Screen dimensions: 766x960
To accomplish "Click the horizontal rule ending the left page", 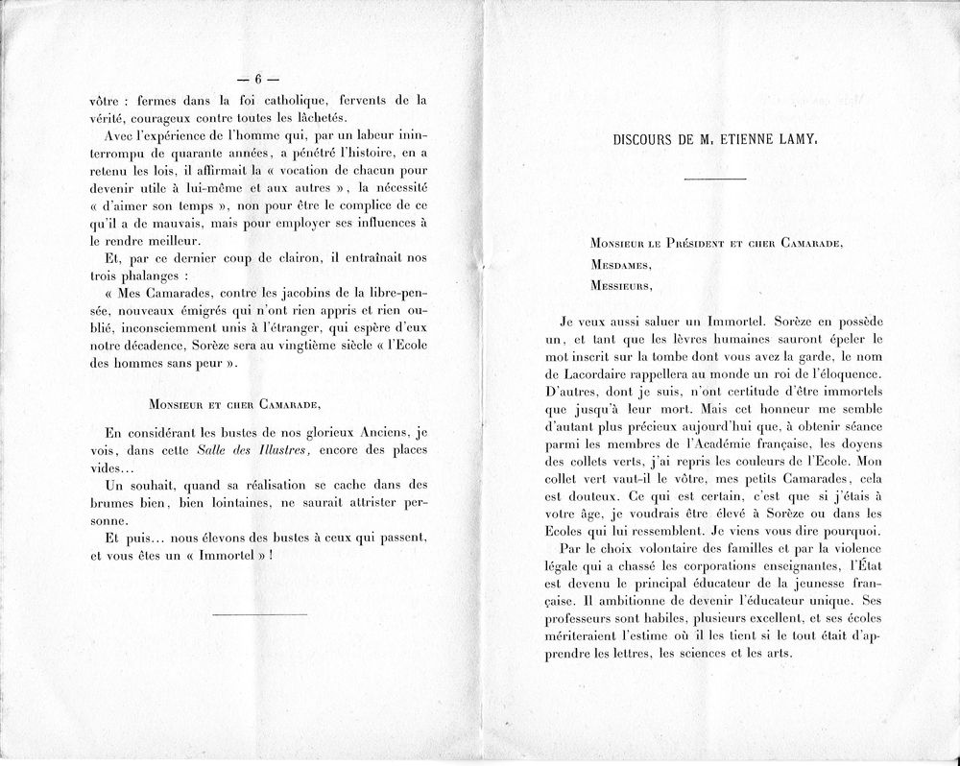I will click(258, 613).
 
